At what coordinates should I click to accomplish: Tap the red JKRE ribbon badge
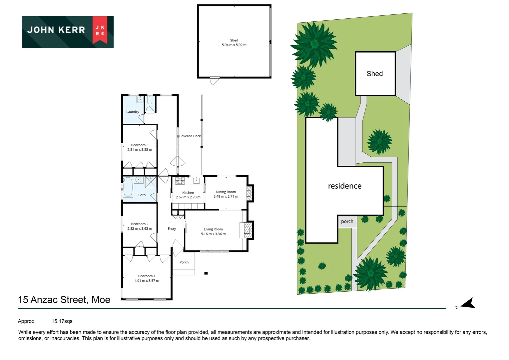coord(100,30)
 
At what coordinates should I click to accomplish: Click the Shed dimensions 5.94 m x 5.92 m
coord(234,45)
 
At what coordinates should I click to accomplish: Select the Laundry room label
coord(133,112)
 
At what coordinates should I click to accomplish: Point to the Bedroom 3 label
coord(140,145)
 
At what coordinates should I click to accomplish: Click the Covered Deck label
coord(190,136)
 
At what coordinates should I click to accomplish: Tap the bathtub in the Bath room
coord(128,187)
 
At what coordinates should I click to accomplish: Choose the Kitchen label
coord(188,193)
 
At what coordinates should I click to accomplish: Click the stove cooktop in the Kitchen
coord(180,181)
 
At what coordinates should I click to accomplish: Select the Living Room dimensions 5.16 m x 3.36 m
coord(213,234)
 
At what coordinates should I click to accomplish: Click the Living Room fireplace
coord(247,230)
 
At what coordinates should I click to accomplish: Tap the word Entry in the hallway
coord(172,229)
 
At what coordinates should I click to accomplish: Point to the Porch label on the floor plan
coord(184,262)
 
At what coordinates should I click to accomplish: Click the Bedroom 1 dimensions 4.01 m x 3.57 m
coord(147,281)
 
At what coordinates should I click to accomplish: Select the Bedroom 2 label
coord(140,224)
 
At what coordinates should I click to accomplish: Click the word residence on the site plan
coord(344,186)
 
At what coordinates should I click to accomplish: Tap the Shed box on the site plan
coord(375,74)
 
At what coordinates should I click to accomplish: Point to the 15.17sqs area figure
coord(62,321)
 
